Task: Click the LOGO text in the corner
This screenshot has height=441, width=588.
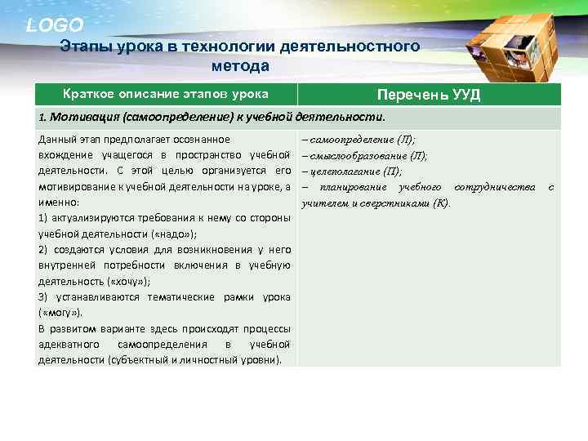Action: [x=54, y=25]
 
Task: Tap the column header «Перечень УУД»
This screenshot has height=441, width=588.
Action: [x=428, y=95]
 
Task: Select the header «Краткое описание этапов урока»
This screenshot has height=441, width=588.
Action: [x=166, y=94]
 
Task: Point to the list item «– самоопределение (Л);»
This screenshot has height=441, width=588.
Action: [x=358, y=140]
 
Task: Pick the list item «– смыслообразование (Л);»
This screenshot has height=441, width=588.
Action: [x=364, y=155]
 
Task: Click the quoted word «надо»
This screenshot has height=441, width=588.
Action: [x=156, y=234]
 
